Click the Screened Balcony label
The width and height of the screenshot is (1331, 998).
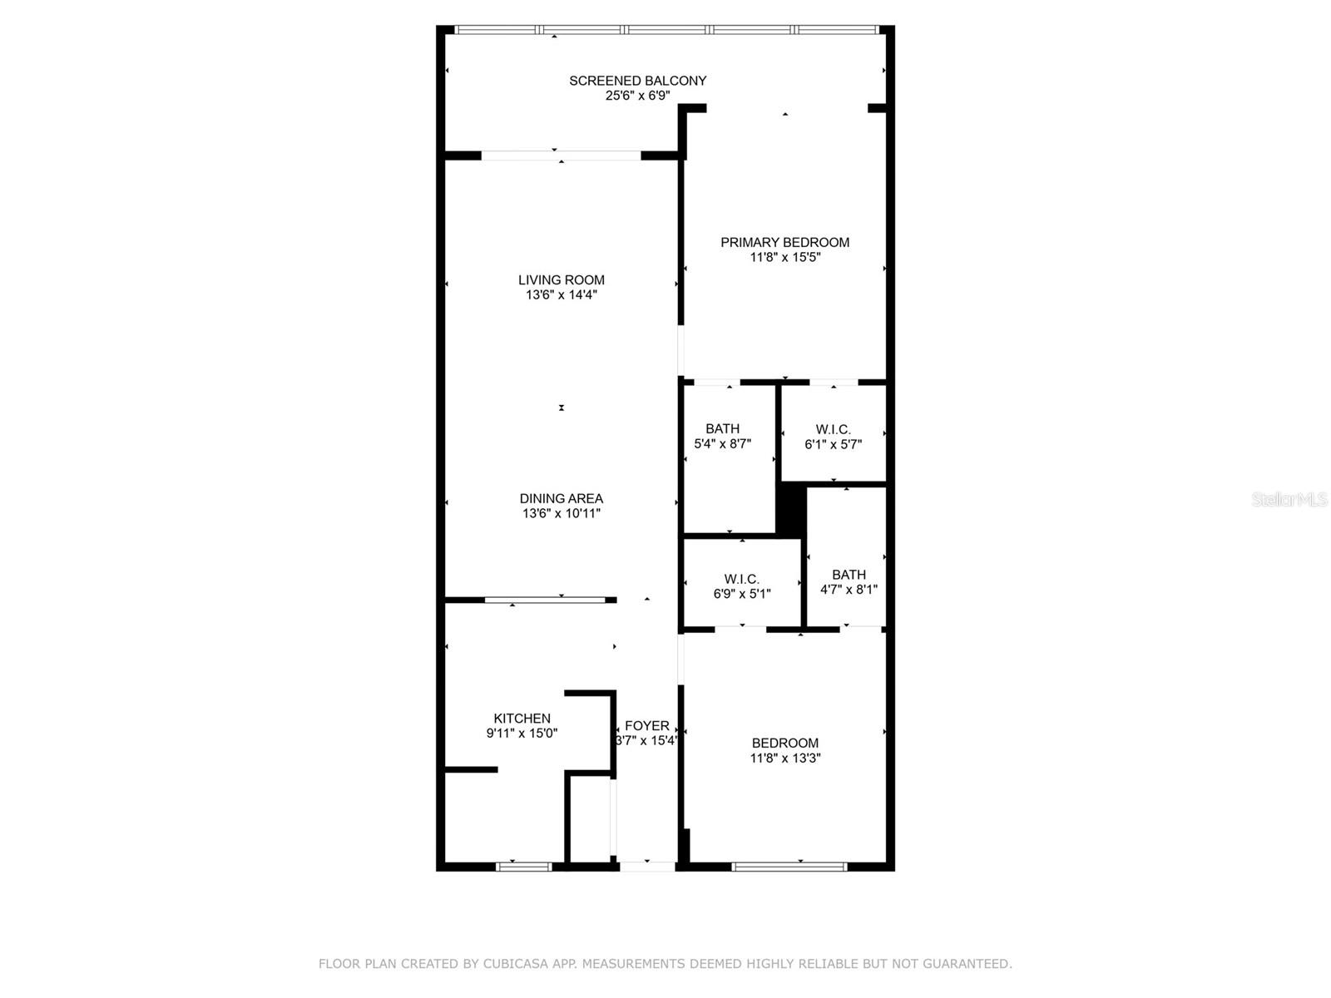637,81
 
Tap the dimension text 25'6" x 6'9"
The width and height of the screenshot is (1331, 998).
637,96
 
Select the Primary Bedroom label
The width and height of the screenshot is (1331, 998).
784,242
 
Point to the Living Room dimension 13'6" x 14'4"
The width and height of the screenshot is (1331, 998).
561,294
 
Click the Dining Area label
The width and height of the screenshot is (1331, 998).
561,498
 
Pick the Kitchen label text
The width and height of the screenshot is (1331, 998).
522,719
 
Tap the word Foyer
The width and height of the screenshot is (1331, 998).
646,726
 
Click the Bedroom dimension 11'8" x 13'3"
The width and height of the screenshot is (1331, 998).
784,758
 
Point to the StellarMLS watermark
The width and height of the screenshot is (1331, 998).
1289,499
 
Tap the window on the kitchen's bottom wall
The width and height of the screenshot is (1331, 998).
524,867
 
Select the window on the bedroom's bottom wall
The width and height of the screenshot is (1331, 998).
789,867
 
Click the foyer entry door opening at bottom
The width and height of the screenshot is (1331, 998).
647,867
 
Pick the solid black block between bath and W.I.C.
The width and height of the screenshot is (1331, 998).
791,508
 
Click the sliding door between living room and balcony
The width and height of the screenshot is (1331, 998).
562,156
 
